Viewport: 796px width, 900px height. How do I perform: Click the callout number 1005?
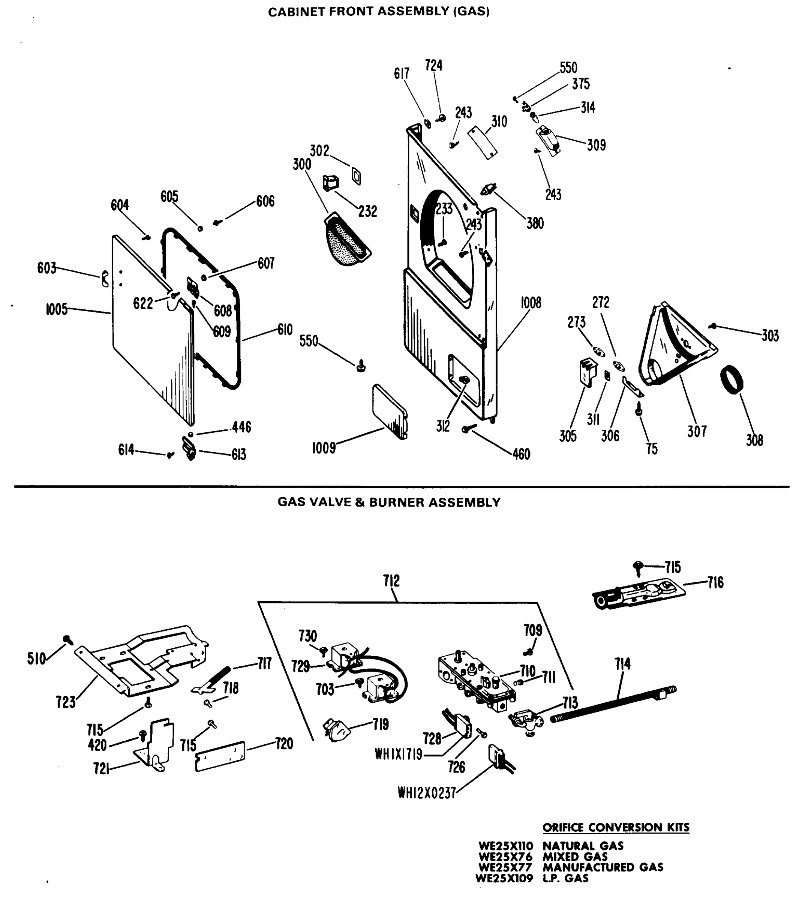point(56,309)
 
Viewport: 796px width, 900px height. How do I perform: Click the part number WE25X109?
point(504,878)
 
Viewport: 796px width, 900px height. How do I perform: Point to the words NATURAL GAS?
point(583,846)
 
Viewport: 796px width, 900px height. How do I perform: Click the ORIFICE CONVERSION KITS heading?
point(616,827)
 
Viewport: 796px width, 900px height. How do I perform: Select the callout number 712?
point(391,581)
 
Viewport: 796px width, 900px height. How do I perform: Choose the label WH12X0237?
point(426,793)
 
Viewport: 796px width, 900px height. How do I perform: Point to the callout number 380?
point(535,223)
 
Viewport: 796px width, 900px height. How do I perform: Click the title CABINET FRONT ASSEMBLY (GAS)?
point(379,12)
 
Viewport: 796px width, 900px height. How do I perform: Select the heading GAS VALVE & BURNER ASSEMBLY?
point(389,502)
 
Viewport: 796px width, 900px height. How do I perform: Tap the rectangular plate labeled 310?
point(482,142)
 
